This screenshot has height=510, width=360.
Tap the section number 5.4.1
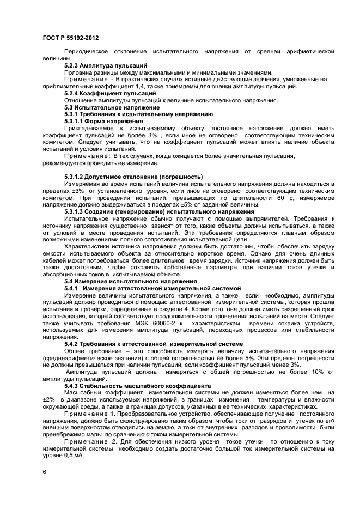click(x=73, y=288)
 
